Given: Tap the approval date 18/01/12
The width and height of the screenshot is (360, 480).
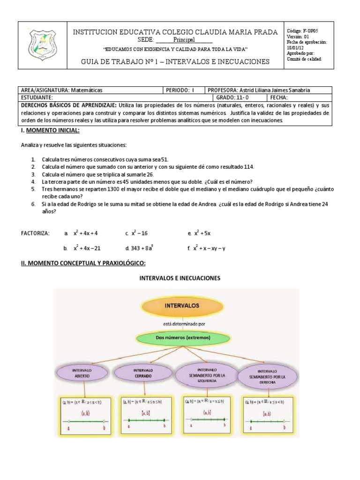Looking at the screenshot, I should (296, 47).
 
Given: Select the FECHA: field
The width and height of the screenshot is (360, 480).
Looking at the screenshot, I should (280, 97).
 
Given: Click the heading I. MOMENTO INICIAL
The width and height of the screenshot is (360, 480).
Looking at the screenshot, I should (50, 130).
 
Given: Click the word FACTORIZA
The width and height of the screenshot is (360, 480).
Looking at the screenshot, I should (36, 233).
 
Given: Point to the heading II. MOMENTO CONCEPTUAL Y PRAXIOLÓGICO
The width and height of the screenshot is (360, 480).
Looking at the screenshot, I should (83, 263).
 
